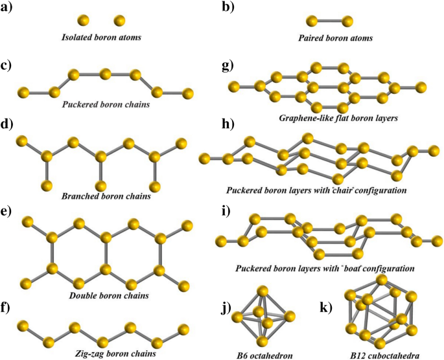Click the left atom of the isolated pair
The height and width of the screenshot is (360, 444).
[x=82, y=21]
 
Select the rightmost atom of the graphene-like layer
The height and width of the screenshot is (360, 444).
[x=421, y=86]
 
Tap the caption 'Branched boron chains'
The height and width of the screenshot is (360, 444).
[x=100, y=196]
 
